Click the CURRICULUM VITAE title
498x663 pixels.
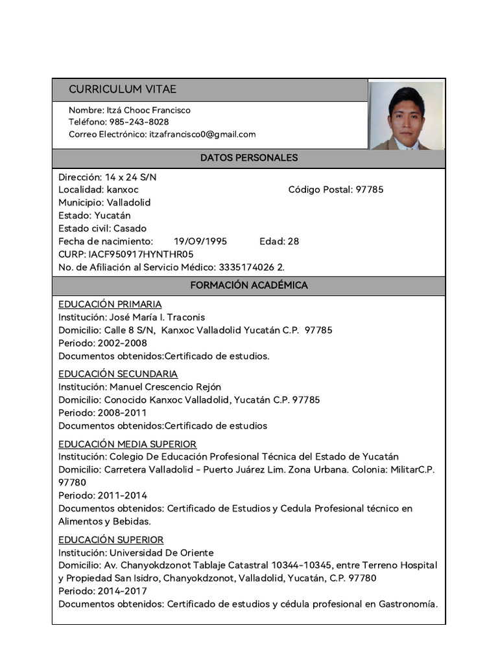pos(123,89)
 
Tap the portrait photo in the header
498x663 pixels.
pos(407,116)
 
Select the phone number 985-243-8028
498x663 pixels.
pos(139,122)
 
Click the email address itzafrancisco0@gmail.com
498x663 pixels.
pos(202,135)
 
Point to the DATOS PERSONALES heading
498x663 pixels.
pos(249,158)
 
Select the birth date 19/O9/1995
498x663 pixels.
pos(200,242)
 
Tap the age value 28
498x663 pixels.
pos(293,242)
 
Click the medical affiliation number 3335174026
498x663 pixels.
pos(247,267)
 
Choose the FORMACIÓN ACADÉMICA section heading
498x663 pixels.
pos(249,286)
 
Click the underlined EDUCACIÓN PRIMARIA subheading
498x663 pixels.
pos(110,304)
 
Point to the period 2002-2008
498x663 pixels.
pos(123,343)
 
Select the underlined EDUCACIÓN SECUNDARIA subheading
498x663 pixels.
pos(118,374)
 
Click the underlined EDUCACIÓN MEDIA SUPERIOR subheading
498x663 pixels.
pos(128,444)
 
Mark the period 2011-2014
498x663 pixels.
pos(123,496)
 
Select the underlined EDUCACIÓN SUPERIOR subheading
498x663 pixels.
pos(111,540)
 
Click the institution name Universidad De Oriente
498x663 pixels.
pos(161,553)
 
